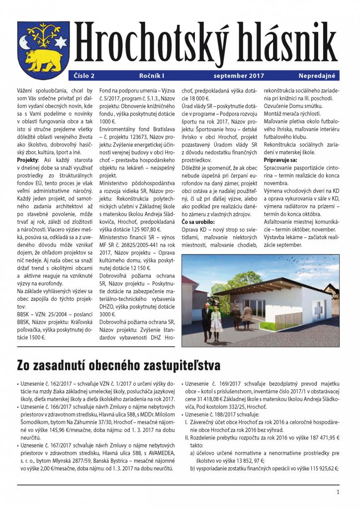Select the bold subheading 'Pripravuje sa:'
[x=280, y=160]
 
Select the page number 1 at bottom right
[x=338, y=492]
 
